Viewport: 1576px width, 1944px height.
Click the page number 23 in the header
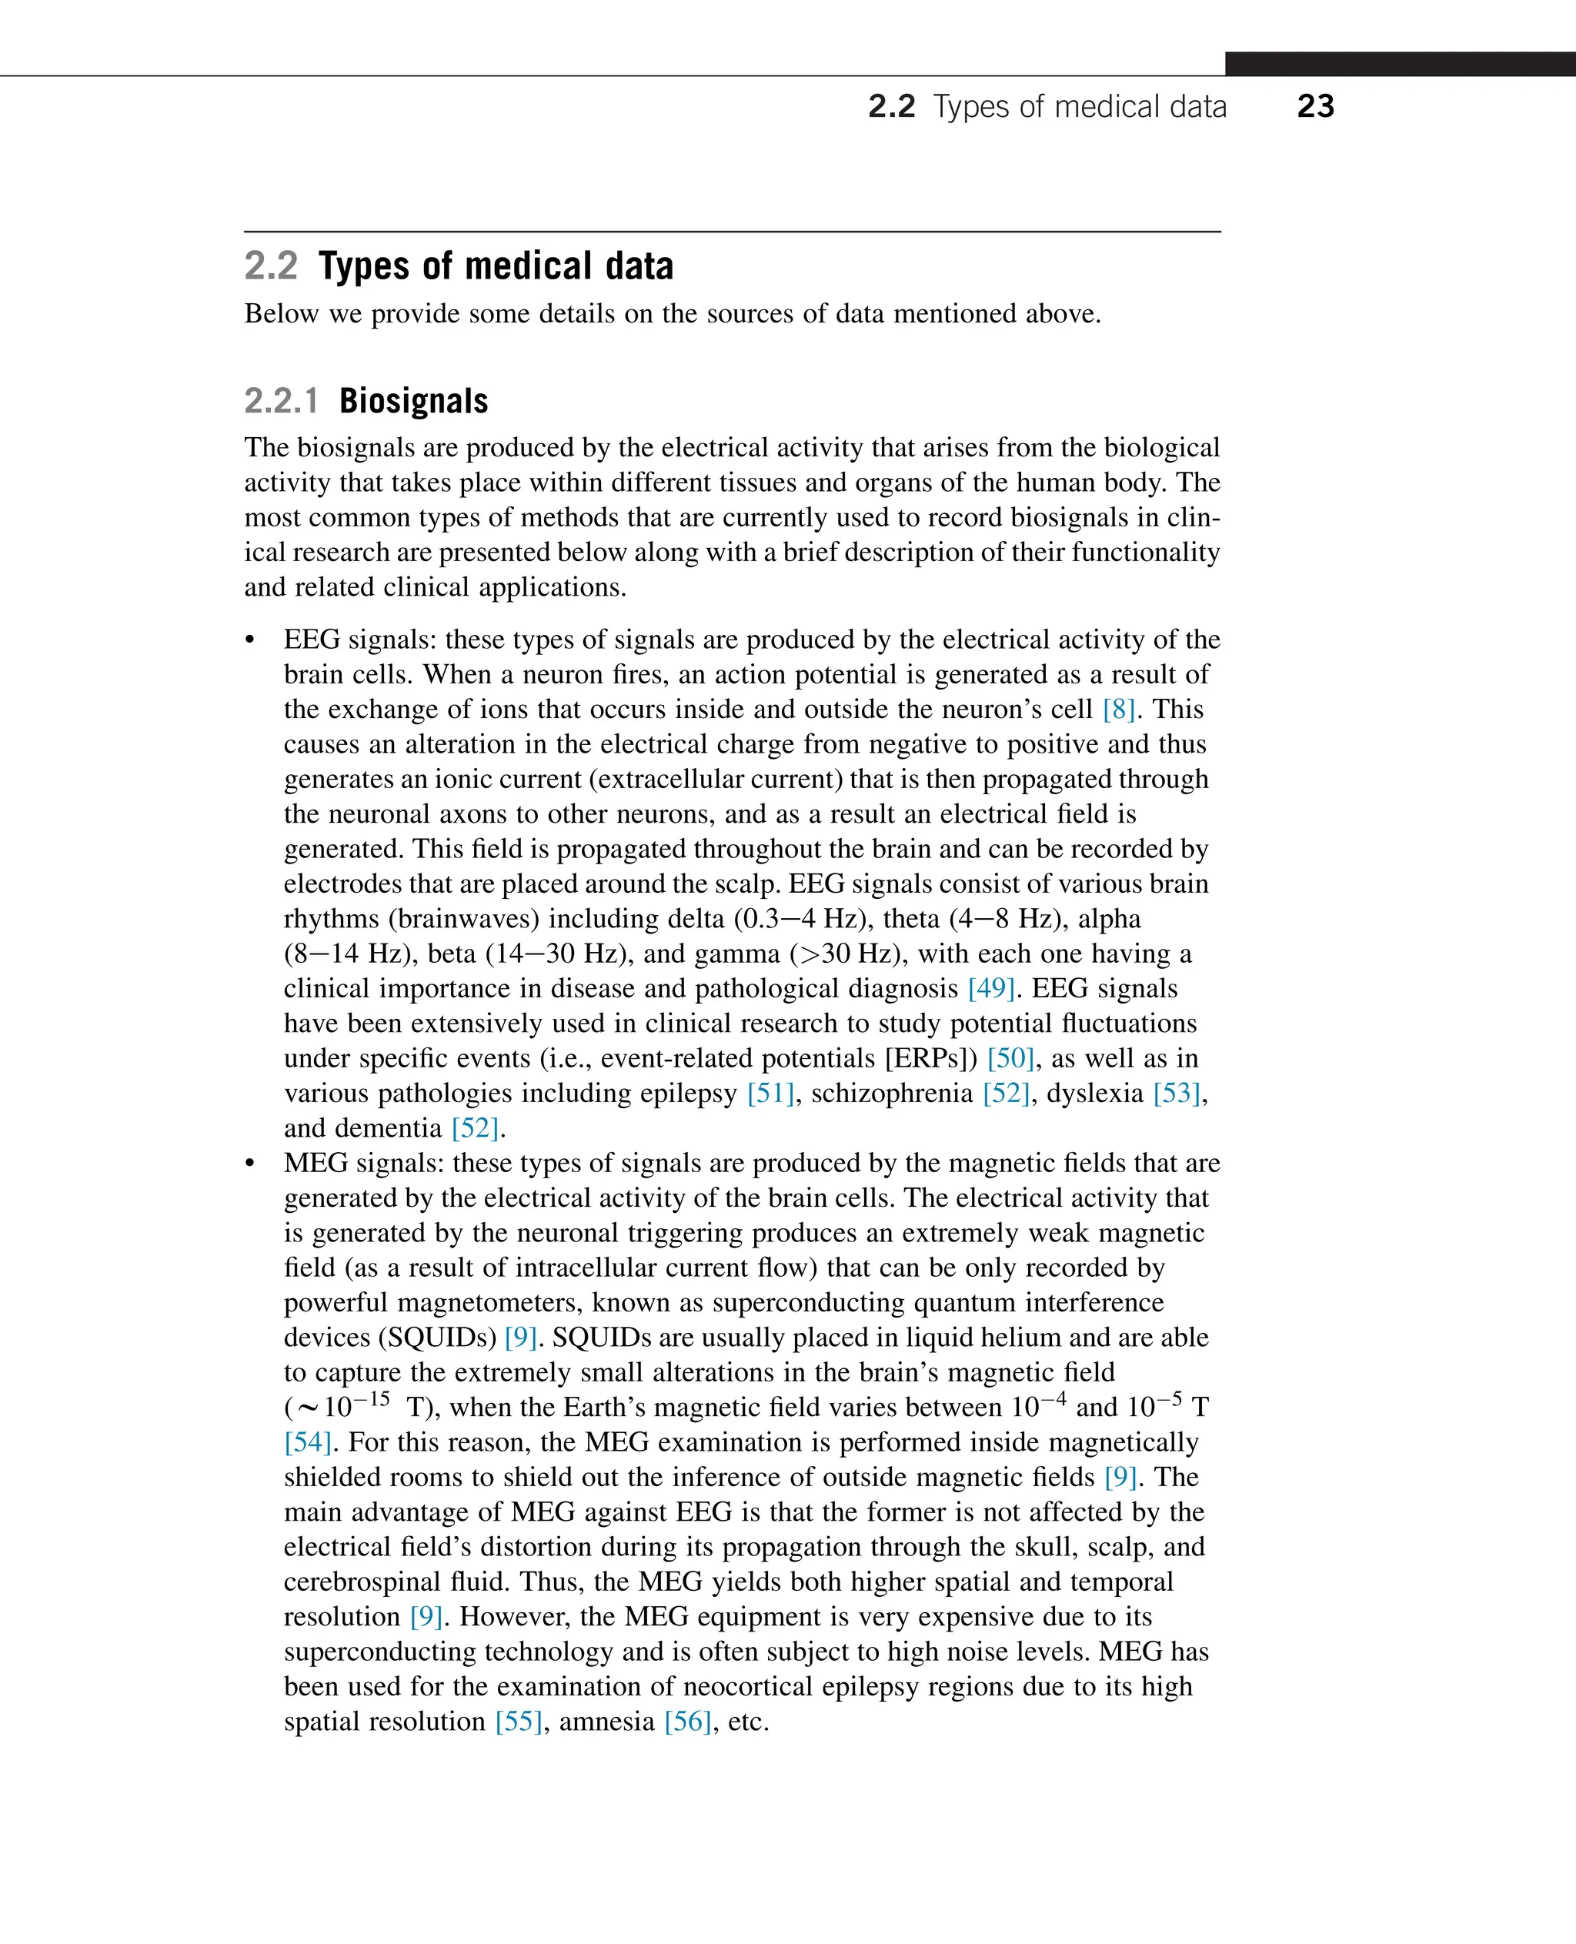1314,106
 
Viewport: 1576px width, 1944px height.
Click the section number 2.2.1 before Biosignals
281,400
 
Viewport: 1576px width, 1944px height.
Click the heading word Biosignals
413,400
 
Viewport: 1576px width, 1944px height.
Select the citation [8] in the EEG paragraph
1118,709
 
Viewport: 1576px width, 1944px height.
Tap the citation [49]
990,988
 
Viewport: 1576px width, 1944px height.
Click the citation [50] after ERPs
1010,1057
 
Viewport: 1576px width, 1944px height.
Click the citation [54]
307,1442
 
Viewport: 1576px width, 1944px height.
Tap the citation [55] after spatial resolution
519,1721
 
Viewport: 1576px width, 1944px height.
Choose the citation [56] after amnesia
687,1721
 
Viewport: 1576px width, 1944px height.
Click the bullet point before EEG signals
251,640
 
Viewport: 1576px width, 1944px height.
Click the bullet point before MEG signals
251,1164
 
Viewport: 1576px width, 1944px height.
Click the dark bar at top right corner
1399,64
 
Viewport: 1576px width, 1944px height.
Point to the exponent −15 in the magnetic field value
372,1398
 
